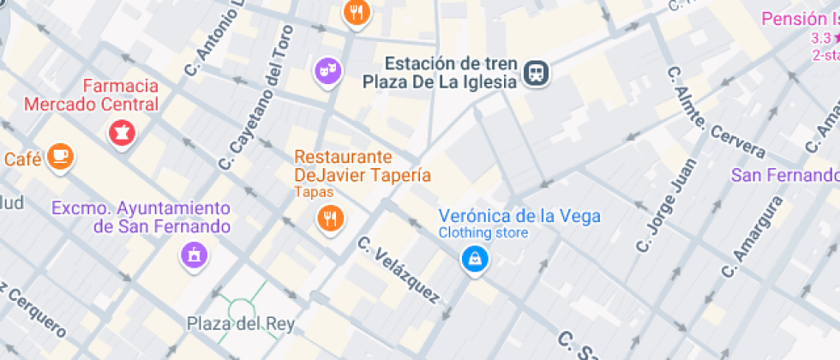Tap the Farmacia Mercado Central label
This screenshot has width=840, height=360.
point(92,95)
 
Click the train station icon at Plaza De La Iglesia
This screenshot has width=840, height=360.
point(537,73)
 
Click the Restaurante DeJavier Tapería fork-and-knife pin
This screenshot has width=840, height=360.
point(330,218)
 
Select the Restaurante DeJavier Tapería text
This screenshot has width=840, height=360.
point(362,166)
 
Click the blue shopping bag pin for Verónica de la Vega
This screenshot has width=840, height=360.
point(473,257)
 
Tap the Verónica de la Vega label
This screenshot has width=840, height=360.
point(519,216)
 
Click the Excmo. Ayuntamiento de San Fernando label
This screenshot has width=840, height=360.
point(141,218)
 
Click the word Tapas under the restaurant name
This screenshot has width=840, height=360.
point(314,192)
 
